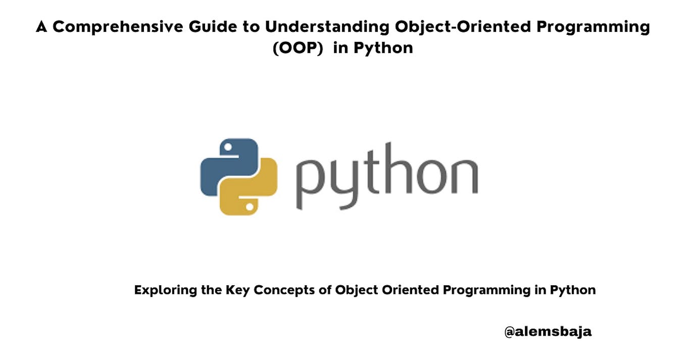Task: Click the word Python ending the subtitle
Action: tap(573, 290)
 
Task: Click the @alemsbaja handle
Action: tap(548, 332)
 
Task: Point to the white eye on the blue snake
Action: tap(228, 147)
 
